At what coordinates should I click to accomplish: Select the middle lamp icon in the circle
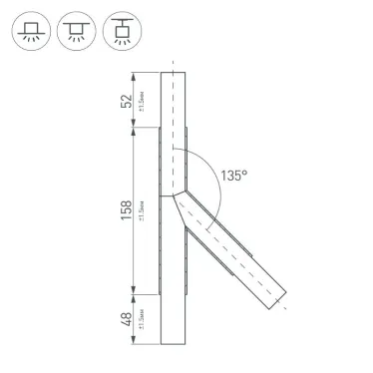(77, 33)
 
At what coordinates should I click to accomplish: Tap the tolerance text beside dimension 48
(142, 320)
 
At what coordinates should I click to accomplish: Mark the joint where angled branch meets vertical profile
(175, 194)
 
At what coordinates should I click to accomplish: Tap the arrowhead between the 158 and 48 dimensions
(133, 294)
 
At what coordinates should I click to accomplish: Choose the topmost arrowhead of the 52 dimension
(133, 74)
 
